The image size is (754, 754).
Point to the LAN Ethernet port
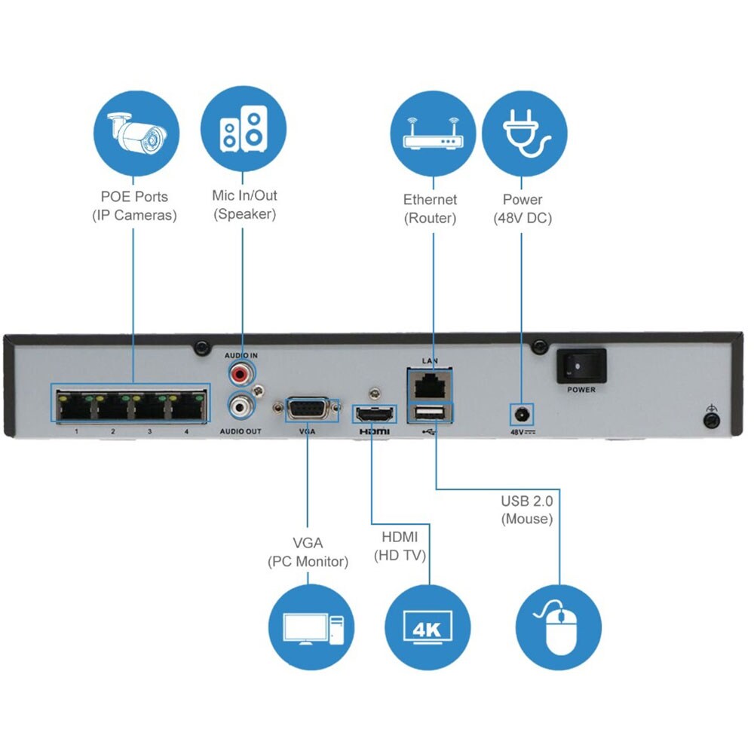[430, 385]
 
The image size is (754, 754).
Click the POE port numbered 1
[75, 406]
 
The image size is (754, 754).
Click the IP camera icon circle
[136, 133]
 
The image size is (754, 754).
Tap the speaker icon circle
[244, 133]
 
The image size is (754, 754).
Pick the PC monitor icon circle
[311, 627]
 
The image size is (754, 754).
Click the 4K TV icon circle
[428, 627]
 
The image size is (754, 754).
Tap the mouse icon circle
[558, 627]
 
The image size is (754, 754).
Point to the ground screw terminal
[710, 421]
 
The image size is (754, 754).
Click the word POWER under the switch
[581, 390]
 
